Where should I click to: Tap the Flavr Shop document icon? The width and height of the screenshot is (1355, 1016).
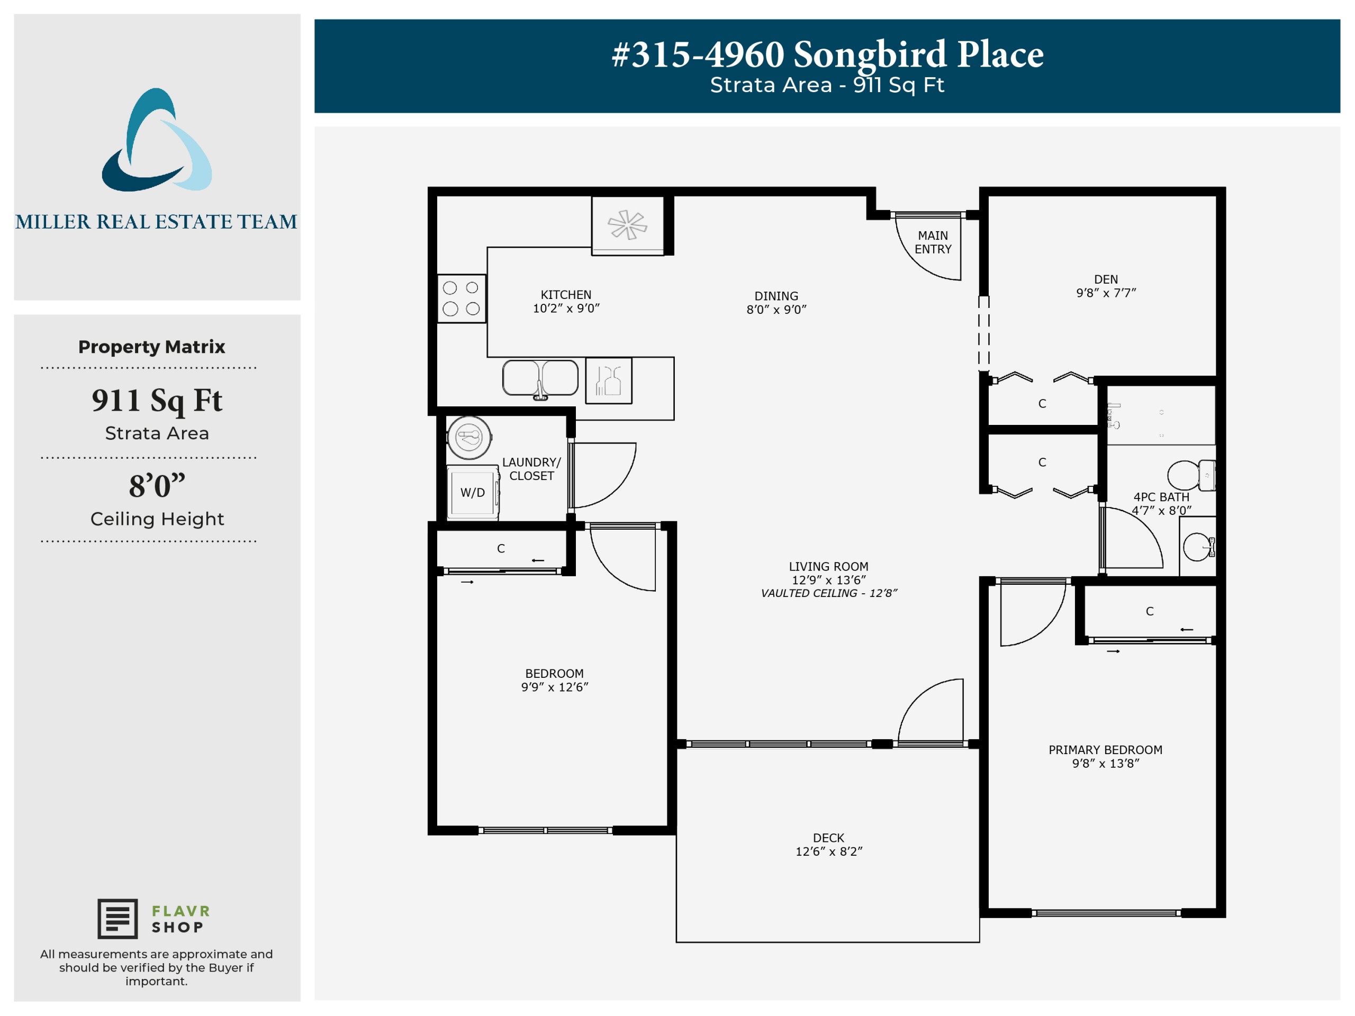coord(118,919)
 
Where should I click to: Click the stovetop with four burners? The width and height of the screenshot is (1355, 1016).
coord(461,298)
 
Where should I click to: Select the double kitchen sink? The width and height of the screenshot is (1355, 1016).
coord(540,378)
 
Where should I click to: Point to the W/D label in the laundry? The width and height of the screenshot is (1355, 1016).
coord(472,492)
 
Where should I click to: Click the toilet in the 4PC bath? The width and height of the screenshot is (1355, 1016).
coord(1191,475)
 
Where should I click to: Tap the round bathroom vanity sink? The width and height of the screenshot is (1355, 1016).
coord(1198,547)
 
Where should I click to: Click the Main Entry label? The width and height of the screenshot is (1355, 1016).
coord(933,242)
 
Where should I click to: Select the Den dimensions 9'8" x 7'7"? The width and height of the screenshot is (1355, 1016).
coord(1106,293)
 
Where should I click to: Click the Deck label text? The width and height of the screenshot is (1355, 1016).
coord(828,838)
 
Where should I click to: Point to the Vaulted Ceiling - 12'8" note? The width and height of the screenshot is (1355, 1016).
coord(829,593)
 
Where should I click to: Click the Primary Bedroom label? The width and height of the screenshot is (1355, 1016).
coord(1105,750)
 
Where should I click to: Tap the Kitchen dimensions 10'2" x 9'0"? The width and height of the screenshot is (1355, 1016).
coord(566,308)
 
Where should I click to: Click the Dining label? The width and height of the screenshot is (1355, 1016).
coord(776,296)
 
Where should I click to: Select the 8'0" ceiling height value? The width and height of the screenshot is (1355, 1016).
coord(157,485)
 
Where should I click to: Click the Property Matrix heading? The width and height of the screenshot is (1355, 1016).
coord(151,347)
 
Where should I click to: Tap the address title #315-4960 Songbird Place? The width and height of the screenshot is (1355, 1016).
coord(828,54)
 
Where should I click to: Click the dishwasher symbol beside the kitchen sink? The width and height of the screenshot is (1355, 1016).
coord(608,380)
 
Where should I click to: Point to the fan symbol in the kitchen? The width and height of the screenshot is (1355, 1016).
coord(627,225)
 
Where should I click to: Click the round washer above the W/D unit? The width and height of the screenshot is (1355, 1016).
coord(469,437)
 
